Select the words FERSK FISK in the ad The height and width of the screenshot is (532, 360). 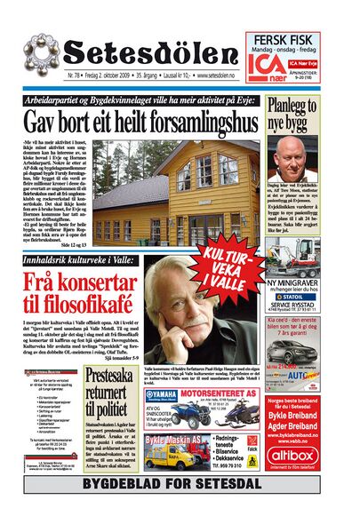pos(284,41)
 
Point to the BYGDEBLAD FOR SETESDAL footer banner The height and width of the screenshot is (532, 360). pos(180,485)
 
